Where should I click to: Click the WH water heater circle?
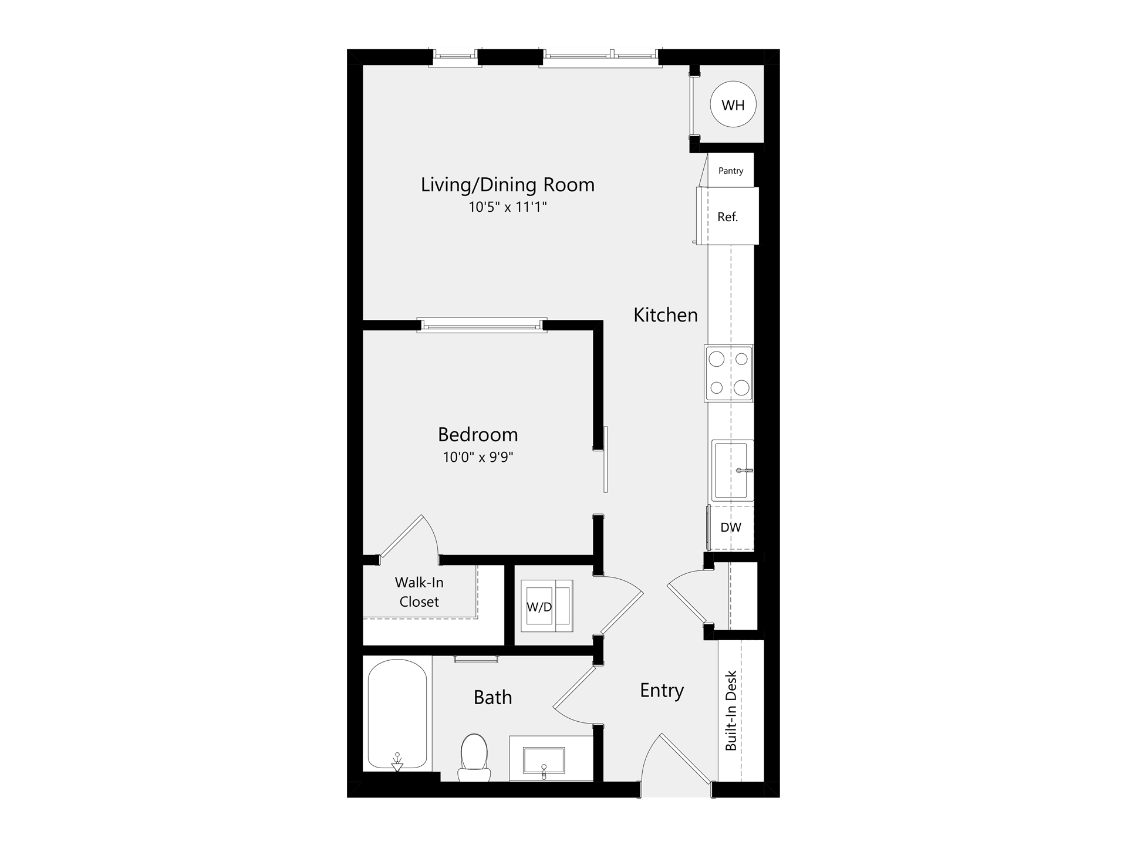tap(733, 104)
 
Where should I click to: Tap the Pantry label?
tap(731, 171)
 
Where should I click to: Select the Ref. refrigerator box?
tap(728, 216)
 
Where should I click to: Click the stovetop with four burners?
tap(729, 373)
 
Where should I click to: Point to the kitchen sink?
tap(733, 470)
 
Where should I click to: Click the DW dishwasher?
tap(731, 527)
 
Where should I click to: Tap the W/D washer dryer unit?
tap(546, 606)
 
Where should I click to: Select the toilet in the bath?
tap(474, 758)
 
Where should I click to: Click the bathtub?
tap(397, 715)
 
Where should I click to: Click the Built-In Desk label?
tap(731, 711)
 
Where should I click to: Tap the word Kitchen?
tap(666, 315)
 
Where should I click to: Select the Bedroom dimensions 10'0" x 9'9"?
tap(478, 457)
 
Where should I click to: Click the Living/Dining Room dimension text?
tap(508, 207)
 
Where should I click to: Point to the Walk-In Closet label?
tap(419, 592)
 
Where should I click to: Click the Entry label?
tap(662, 691)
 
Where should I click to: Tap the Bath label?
tap(493, 697)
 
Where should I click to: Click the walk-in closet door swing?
tap(410, 536)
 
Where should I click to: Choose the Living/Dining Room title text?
tap(508, 185)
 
